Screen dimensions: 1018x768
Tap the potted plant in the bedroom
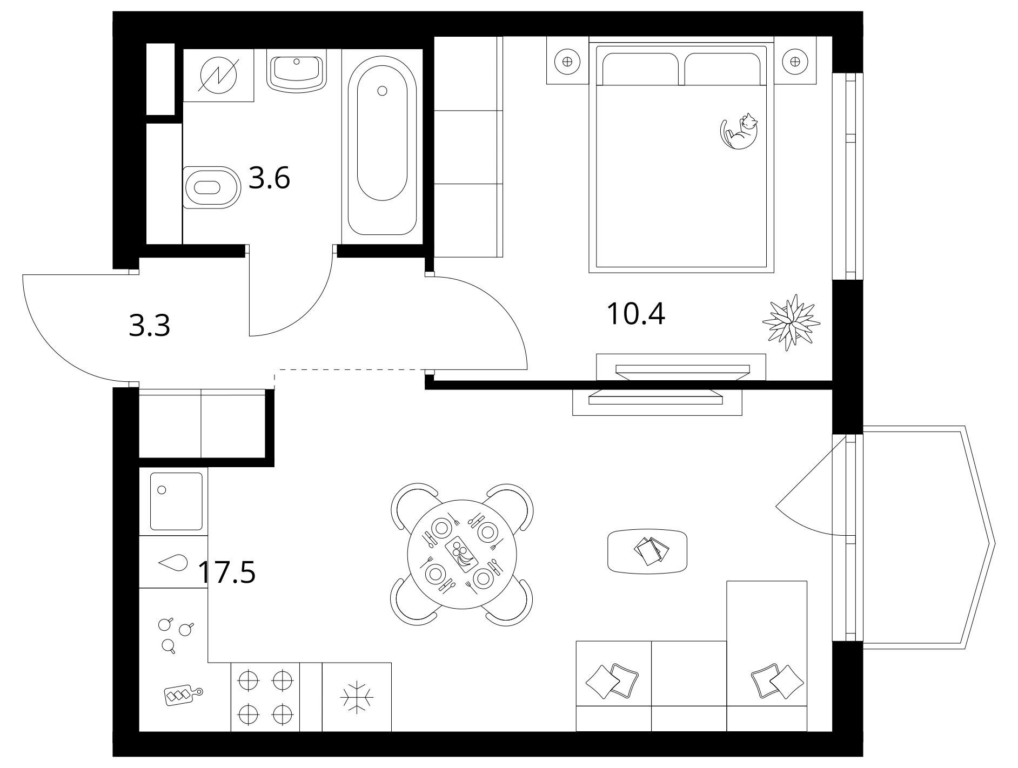pos(791,323)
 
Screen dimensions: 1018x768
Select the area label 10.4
pos(636,314)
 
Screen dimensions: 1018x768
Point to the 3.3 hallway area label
pos(150,326)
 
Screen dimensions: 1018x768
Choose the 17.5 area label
pos(227,572)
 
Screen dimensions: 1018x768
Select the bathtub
pos(382,146)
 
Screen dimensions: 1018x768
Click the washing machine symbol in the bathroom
pos(218,75)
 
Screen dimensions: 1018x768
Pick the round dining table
pos(461,554)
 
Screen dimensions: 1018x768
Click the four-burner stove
pos(265,697)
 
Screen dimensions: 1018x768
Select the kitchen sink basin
pos(176,501)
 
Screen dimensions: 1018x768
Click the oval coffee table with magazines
pos(647,551)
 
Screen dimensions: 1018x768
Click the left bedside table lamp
pos(567,61)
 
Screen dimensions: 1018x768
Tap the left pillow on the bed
pos(640,69)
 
